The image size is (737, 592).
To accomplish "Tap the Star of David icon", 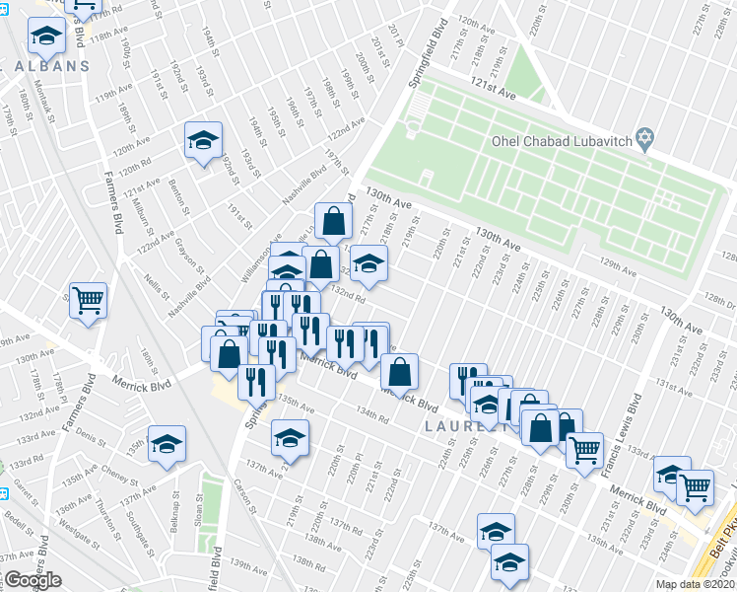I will (645, 140).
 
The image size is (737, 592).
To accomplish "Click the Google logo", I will (33, 581).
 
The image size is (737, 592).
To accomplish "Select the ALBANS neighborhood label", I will (51, 66).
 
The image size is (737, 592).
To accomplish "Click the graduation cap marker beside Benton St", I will (203, 140).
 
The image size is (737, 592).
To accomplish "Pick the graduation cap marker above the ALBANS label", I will (45, 37).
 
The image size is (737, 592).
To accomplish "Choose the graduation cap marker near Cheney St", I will (167, 444).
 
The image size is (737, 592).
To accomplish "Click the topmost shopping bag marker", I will (334, 221).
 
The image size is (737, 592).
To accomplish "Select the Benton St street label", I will (178, 192).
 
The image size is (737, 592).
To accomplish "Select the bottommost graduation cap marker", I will (509, 561).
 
